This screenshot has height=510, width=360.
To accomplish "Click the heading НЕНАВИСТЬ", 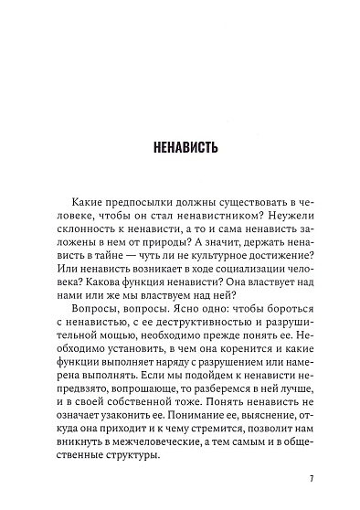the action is [180, 145].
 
